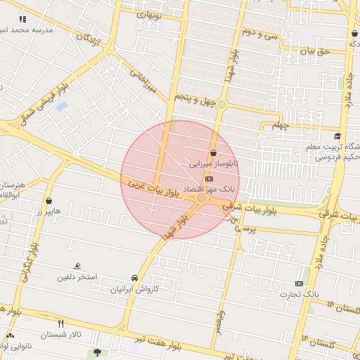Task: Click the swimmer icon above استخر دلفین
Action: pyautogui.click(x=77, y=266)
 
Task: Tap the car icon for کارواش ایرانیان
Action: pyautogui.click(x=134, y=278)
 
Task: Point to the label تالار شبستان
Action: pyautogui.click(x=61, y=334)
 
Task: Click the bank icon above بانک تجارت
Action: pyautogui.click(x=300, y=283)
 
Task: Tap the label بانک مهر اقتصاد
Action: pyautogui.click(x=208, y=190)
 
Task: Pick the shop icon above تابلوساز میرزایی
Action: pyautogui.click(x=213, y=153)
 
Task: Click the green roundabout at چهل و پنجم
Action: pyautogui.click(x=221, y=104)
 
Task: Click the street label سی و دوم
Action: pyautogui.click(x=260, y=32)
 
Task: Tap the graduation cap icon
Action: pyautogui.click(x=337, y=136)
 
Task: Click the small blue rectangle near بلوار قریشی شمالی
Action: pyautogui.click(x=61, y=107)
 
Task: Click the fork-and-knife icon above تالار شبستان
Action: pyautogui.click(x=60, y=323)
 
